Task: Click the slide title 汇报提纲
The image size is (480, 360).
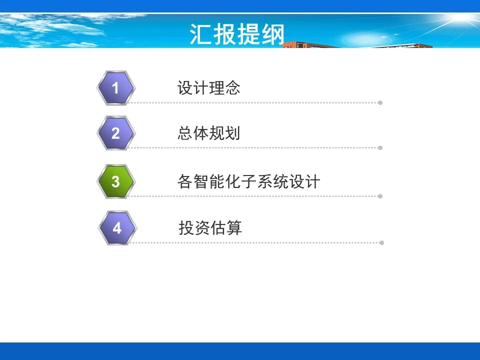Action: (x=237, y=34)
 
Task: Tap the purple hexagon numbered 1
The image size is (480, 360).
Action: (x=115, y=88)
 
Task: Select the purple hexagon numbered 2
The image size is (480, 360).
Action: (x=115, y=133)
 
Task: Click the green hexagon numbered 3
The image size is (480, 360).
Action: (x=115, y=181)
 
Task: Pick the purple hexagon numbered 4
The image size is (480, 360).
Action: (x=117, y=228)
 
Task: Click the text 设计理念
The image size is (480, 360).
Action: (x=209, y=88)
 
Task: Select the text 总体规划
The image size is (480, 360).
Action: (x=209, y=133)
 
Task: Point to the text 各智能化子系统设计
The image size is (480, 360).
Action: (x=249, y=181)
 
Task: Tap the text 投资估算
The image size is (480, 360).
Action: (x=210, y=228)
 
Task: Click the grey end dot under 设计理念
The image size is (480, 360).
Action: (x=380, y=103)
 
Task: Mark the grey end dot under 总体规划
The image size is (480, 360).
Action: (x=380, y=148)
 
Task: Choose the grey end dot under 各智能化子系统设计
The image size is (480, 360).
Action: (x=380, y=196)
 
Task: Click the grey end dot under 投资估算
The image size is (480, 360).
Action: (x=381, y=243)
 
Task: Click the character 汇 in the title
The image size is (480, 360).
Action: (x=201, y=34)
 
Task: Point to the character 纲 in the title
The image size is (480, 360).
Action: (x=273, y=34)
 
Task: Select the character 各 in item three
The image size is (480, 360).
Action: (x=185, y=181)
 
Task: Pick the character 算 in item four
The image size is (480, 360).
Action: (x=234, y=228)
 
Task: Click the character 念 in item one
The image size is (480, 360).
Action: (x=232, y=88)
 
